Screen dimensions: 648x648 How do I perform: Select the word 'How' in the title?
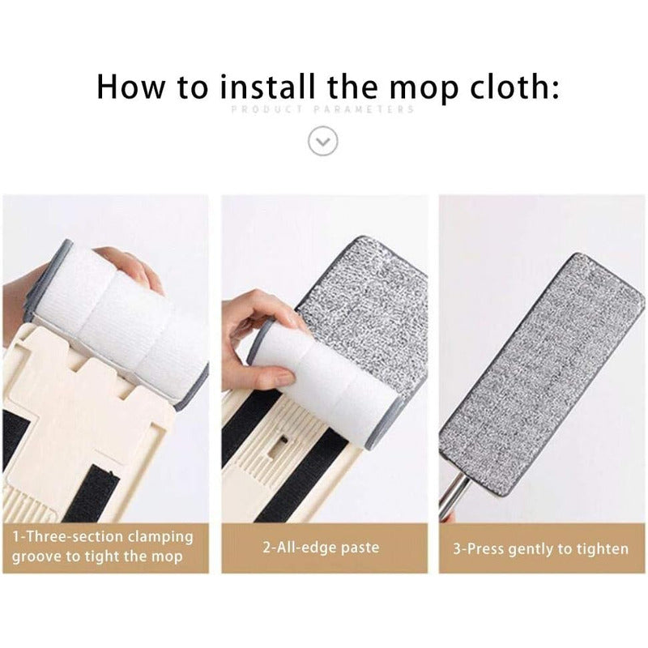pos(131,87)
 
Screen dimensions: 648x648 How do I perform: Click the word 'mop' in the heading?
pos(424,91)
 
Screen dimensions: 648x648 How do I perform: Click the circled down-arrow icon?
pos(322,141)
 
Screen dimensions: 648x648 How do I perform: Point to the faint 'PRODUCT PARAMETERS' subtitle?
pos(322,109)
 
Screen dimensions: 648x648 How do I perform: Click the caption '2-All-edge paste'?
pos(321,548)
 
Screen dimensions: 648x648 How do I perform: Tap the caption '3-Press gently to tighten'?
pos(540,549)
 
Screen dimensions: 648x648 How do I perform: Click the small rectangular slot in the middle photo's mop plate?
pos(278,446)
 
